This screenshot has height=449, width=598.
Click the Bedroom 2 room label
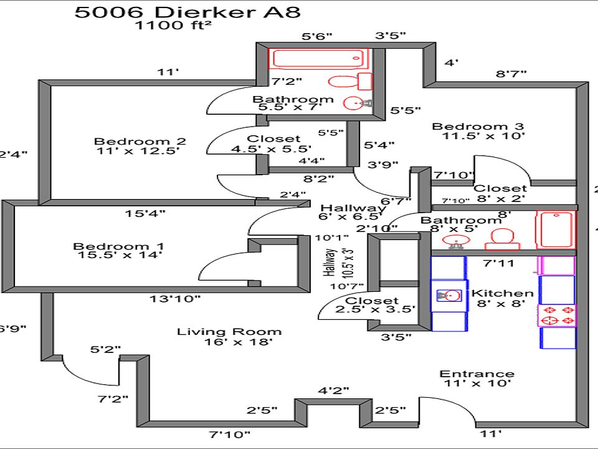[x=140, y=145]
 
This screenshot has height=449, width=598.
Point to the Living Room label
[x=229, y=336]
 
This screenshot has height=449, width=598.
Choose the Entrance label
[x=477, y=379]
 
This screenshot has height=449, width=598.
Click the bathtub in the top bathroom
[x=317, y=59]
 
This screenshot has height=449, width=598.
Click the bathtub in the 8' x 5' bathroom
[x=556, y=230]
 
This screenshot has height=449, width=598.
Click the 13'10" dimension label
[x=175, y=299]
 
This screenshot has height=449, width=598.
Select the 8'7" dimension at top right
[x=511, y=74]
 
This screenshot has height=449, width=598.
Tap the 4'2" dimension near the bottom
[x=333, y=391]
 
